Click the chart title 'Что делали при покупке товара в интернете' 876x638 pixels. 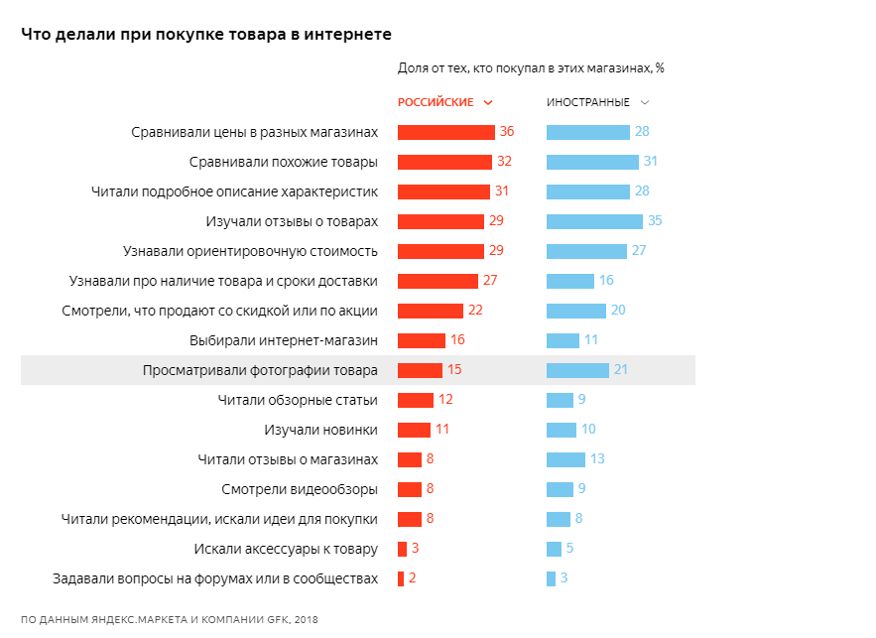(x=205, y=35)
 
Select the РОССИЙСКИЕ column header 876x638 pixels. (x=436, y=102)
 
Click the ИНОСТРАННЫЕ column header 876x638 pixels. (x=588, y=102)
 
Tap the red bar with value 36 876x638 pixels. (x=445, y=132)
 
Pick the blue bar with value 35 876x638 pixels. (x=594, y=221)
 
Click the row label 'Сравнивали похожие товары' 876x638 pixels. (x=283, y=162)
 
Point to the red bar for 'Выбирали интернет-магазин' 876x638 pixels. (x=422, y=340)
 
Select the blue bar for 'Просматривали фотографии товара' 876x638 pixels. (x=577, y=370)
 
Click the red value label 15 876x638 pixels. (x=454, y=370)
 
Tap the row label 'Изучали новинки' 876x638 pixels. (x=320, y=430)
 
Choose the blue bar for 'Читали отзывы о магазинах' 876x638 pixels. (x=565, y=459)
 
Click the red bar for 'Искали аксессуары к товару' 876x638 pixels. (x=402, y=549)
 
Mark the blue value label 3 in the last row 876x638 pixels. (x=564, y=578)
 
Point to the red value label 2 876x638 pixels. (x=412, y=578)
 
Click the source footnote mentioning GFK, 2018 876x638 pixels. (x=170, y=619)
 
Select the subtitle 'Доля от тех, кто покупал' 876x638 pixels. (x=531, y=68)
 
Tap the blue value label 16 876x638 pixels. (x=606, y=281)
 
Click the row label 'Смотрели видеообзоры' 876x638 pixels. (x=299, y=489)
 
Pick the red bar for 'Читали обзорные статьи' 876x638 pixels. (x=416, y=400)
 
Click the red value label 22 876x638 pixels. (x=474, y=311)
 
